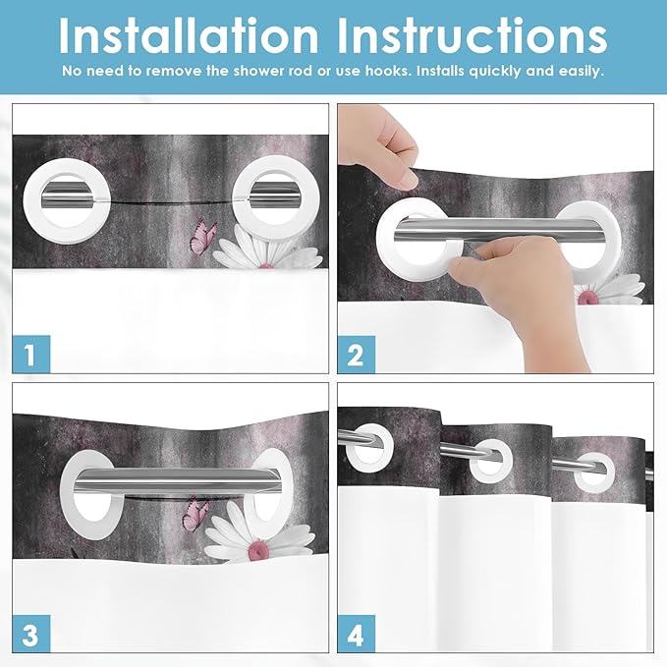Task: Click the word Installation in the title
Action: pyautogui.click(x=189, y=35)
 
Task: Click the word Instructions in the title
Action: pyautogui.click(x=472, y=35)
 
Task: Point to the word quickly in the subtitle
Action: pyautogui.click(x=494, y=71)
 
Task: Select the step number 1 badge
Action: pyautogui.click(x=31, y=355)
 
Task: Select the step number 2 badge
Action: pyautogui.click(x=356, y=355)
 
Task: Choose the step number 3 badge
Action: pyautogui.click(x=31, y=634)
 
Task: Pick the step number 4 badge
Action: pyautogui.click(x=356, y=634)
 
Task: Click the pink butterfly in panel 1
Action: pyautogui.click(x=203, y=237)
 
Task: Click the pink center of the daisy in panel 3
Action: pyautogui.click(x=257, y=550)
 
